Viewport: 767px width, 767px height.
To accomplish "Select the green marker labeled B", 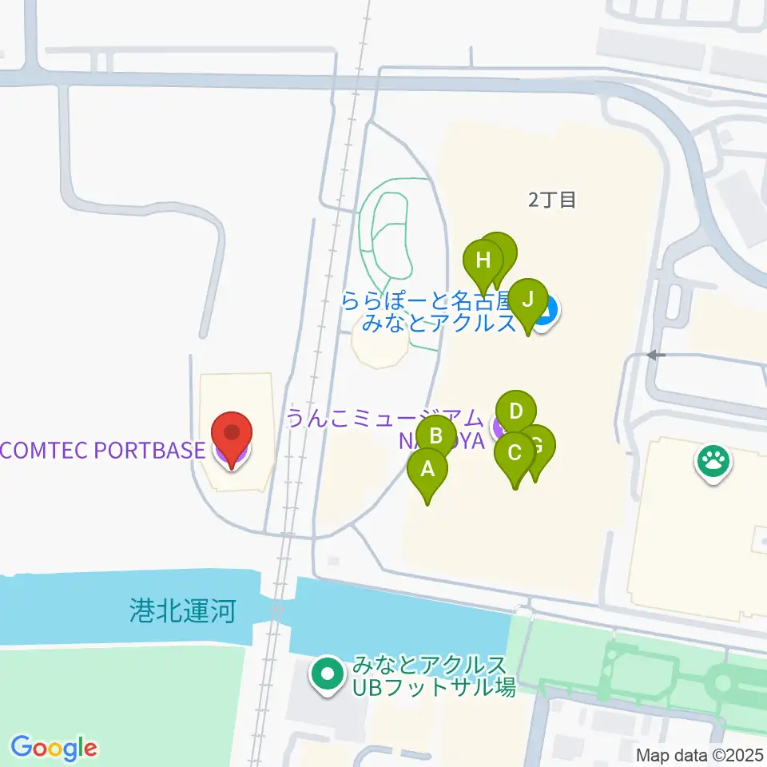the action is [437, 436].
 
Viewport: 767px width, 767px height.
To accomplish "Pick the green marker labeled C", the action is [515, 454].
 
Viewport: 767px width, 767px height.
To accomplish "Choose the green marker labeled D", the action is [516, 412].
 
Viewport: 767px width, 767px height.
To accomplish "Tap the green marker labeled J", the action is [527, 300].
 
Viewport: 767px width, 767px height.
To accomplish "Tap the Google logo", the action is [54, 748].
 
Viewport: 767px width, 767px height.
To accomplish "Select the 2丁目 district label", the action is [552, 200].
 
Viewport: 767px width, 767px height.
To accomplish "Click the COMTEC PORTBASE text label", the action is [102, 450].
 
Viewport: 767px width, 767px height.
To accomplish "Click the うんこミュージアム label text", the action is [386, 418].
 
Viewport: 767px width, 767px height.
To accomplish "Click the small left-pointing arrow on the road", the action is [655, 355].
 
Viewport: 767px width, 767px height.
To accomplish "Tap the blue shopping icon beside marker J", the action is [546, 310].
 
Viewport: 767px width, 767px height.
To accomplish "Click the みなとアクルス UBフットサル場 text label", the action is [432, 676].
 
